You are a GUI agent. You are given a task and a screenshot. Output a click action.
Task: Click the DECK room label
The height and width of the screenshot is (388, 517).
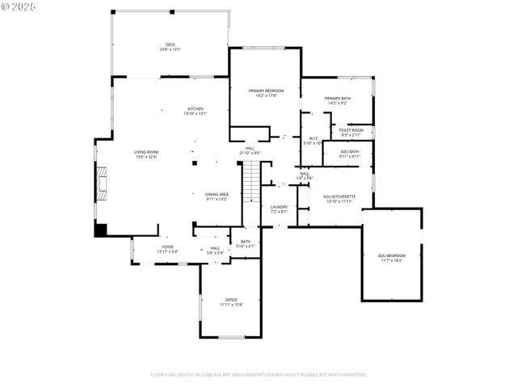click(170, 44)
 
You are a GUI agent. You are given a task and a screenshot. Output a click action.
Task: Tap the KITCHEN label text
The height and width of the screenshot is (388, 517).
click(195, 109)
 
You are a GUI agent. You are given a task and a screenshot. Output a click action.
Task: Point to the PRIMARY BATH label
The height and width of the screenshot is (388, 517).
click(338, 98)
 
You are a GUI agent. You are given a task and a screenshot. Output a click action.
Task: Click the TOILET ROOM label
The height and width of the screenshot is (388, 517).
click(351, 129)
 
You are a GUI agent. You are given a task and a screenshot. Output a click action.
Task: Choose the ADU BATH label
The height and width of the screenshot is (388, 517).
click(349, 151)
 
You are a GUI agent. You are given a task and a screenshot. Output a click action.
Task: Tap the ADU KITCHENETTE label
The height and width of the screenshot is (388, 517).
click(339, 196)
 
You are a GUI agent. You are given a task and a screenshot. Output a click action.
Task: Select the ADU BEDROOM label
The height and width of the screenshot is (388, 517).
click(392, 255)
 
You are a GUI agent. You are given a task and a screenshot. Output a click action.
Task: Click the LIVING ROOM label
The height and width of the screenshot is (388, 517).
click(146, 152)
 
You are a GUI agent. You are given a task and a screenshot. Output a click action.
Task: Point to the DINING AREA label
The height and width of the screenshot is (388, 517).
click(216, 194)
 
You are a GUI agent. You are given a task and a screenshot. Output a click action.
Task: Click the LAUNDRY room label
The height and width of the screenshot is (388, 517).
click(279, 207)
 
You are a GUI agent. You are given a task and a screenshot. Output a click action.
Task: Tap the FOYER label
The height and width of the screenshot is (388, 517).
click(167, 247)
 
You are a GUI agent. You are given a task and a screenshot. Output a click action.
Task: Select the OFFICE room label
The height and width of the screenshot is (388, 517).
click(231, 300)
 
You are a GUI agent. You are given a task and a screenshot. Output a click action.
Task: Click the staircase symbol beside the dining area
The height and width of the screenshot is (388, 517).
click(251, 182)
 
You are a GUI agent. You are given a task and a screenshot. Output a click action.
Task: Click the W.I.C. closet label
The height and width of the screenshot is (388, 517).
click(313, 138)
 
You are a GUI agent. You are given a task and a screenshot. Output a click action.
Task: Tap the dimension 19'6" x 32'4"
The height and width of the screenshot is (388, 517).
click(146, 157)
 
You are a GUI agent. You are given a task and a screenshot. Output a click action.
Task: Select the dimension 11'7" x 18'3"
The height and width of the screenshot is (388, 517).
click(392, 260)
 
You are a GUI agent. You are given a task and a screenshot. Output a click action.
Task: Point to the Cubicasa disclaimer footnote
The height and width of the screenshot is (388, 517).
click(258, 374)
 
